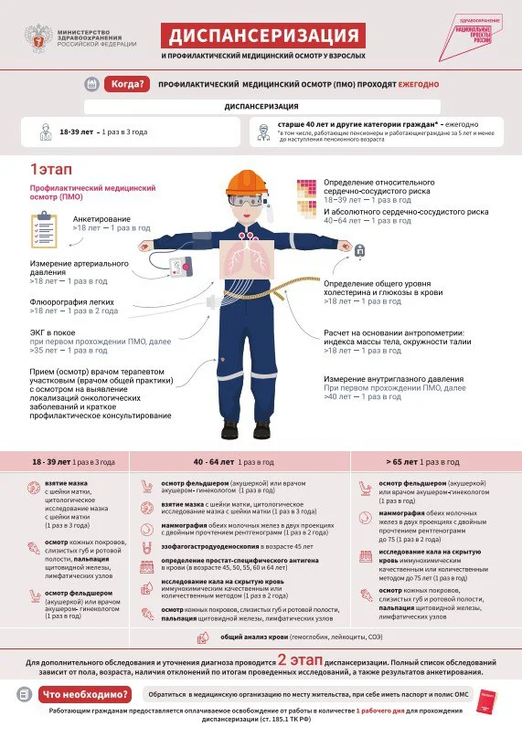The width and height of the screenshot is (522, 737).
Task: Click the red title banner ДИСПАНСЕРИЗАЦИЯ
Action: (263, 36)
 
